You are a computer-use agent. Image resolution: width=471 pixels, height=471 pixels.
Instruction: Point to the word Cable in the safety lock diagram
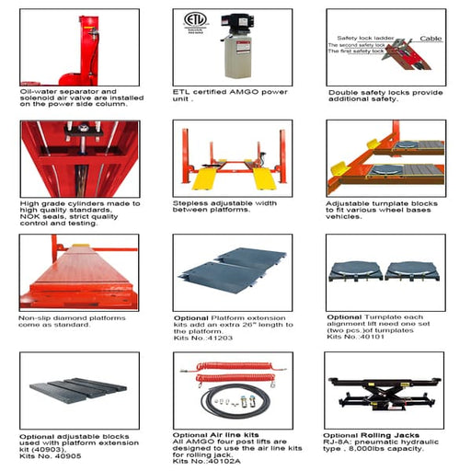(x=431, y=39)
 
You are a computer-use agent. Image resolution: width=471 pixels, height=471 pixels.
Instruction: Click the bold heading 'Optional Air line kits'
(x=215, y=435)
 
